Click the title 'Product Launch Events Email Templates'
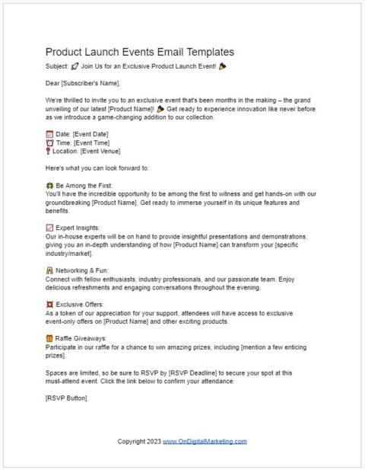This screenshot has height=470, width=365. pyautogui.click(x=140, y=52)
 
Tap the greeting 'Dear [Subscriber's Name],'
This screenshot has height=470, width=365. pyautogui.click(x=83, y=83)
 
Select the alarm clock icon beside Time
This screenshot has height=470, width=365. pyautogui.click(x=49, y=142)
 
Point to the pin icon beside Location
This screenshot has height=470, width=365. pyautogui.click(x=49, y=151)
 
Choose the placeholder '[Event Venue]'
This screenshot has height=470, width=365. pyautogui.click(x=105, y=151)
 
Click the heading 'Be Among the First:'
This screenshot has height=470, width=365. pyautogui.click(x=84, y=185)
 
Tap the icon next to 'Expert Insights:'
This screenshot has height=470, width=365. pyautogui.click(x=49, y=228)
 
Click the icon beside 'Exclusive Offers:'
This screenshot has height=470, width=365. pyautogui.click(x=49, y=305)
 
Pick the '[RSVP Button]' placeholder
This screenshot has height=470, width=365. pyautogui.click(x=66, y=398)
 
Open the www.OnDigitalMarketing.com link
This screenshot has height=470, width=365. pyautogui.click(x=205, y=441)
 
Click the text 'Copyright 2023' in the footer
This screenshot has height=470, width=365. pyautogui.click(x=138, y=441)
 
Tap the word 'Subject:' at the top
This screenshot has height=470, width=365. pyautogui.click(x=57, y=66)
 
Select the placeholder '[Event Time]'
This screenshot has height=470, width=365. pyautogui.click(x=97, y=142)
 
